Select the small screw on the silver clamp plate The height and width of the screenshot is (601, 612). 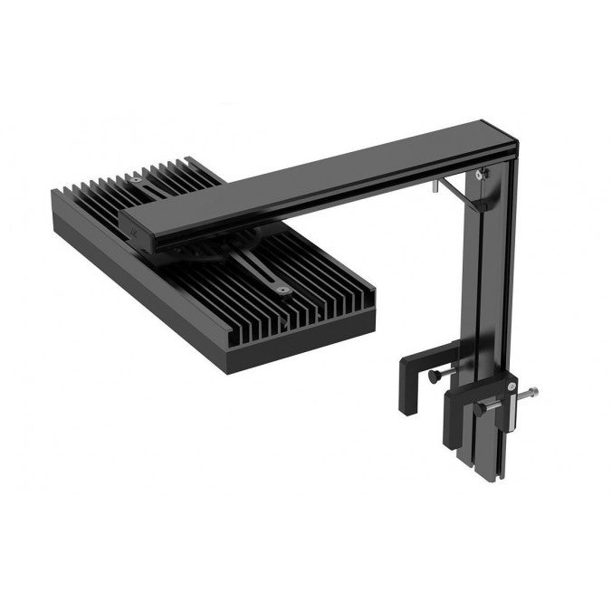click(512, 388)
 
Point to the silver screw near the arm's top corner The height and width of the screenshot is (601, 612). click(483, 171)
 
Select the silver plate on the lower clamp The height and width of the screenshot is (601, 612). click(511, 400)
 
